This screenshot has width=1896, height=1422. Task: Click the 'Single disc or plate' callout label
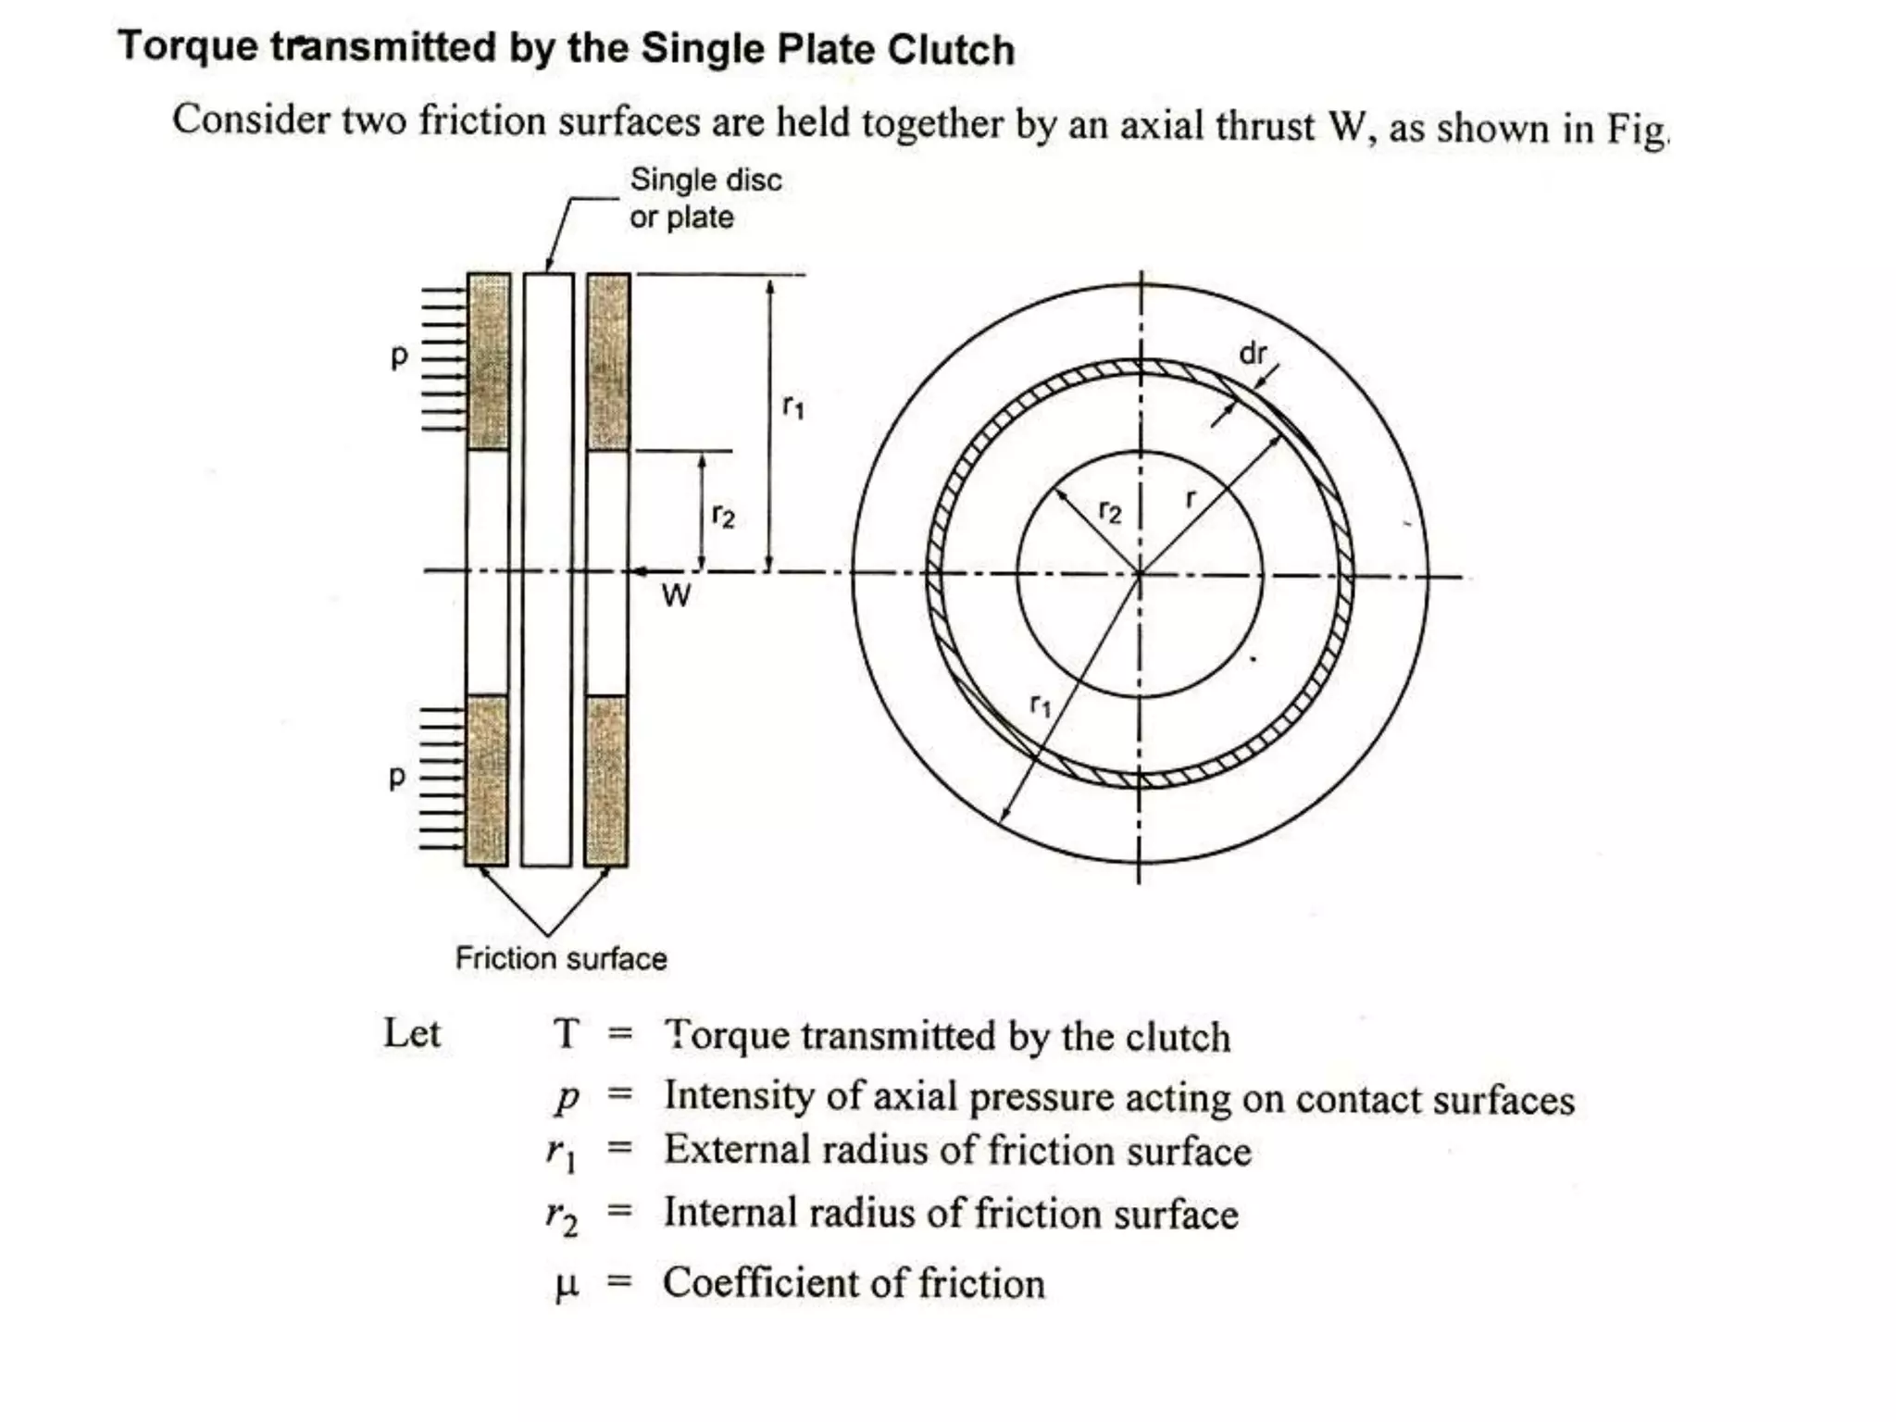(x=705, y=198)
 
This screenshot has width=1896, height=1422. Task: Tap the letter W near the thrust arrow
(x=676, y=595)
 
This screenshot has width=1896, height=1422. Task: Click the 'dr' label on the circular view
(x=1252, y=354)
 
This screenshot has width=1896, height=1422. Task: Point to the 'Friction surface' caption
(x=560, y=958)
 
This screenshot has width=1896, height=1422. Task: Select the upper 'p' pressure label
(x=399, y=356)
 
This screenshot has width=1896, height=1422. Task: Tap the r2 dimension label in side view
(x=723, y=515)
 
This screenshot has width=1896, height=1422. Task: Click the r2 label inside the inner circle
(x=1109, y=511)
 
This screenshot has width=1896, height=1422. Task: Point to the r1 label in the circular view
(x=1041, y=706)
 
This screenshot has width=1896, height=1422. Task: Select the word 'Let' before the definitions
(x=412, y=1032)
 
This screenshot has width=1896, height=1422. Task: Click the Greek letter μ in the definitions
(x=566, y=1285)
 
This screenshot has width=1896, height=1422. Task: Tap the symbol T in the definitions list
(x=566, y=1034)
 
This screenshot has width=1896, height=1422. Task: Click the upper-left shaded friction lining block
(x=489, y=362)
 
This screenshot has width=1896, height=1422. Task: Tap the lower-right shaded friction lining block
(x=607, y=780)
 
